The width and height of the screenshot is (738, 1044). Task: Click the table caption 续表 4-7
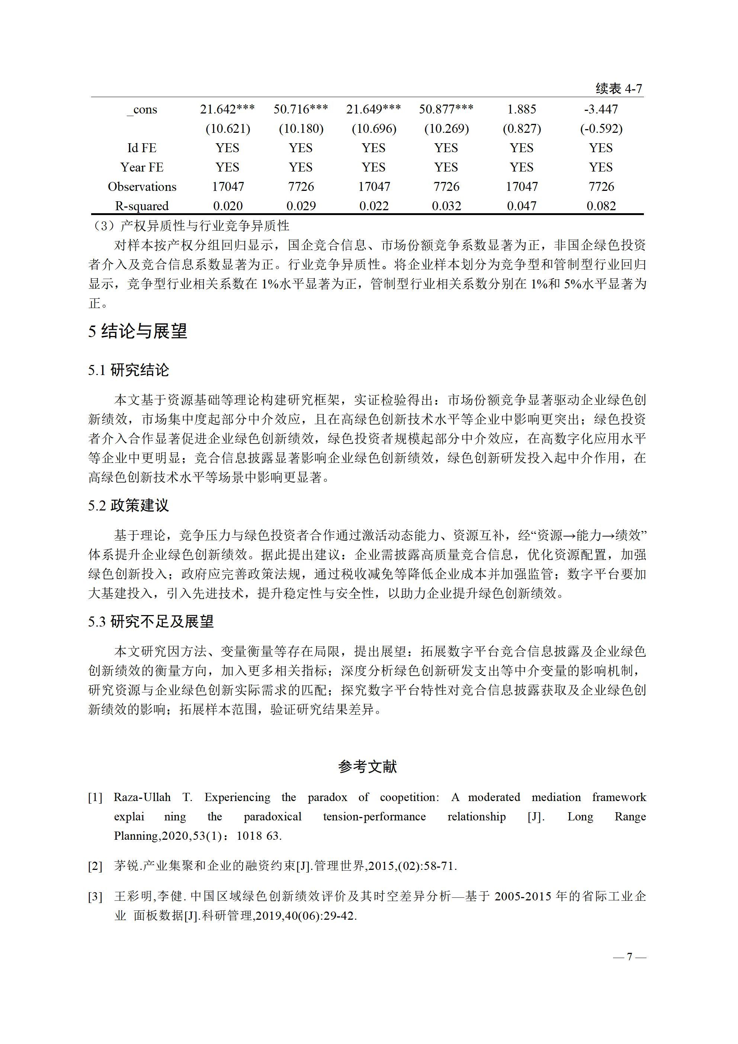619,89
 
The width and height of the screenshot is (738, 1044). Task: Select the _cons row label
142,110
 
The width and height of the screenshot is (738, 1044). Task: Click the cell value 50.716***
301,109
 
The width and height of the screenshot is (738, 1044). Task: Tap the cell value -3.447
601,109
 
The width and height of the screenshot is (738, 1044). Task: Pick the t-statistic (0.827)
522,129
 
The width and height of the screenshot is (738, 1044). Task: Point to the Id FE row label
142,148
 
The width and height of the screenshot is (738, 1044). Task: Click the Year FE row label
142,167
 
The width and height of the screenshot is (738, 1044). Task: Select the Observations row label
142,187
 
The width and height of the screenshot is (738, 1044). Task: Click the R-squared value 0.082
601,206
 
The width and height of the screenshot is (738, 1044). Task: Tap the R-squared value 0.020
228,206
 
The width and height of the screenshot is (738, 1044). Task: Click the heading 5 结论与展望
138,331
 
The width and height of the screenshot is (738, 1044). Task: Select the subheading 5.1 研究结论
129,370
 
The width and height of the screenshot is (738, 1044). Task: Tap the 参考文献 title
368,767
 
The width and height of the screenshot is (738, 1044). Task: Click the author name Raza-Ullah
142,797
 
